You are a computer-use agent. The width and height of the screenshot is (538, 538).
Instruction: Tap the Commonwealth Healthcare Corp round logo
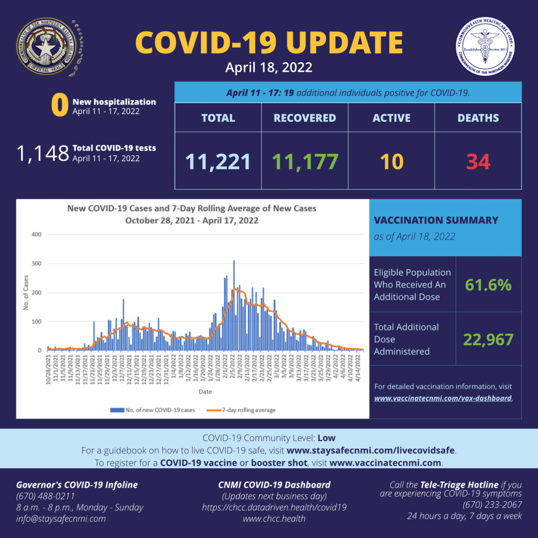point(486,47)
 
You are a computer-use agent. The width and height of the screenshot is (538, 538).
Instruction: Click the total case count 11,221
point(218,162)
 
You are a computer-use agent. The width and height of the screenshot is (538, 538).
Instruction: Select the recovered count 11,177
point(305,162)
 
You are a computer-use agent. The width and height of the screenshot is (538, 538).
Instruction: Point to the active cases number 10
point(391,162)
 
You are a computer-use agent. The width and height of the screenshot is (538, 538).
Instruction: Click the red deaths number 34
point(478,162)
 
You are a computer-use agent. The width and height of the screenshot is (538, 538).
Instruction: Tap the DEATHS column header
point(478,118)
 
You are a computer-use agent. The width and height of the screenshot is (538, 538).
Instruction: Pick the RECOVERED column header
point(305,118)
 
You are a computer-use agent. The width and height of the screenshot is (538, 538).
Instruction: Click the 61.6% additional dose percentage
point(488,285)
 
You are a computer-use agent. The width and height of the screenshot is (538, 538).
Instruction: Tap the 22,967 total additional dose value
point(488,339)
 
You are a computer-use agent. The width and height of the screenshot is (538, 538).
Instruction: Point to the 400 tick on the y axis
point(36,234)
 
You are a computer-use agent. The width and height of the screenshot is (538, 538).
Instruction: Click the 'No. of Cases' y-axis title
point(26,292)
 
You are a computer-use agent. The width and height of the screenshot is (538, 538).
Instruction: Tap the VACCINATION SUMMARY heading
point(436,221)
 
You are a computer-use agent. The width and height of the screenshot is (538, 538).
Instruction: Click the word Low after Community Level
point(326,438)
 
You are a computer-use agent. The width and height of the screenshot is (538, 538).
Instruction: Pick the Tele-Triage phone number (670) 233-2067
point(492,505)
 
